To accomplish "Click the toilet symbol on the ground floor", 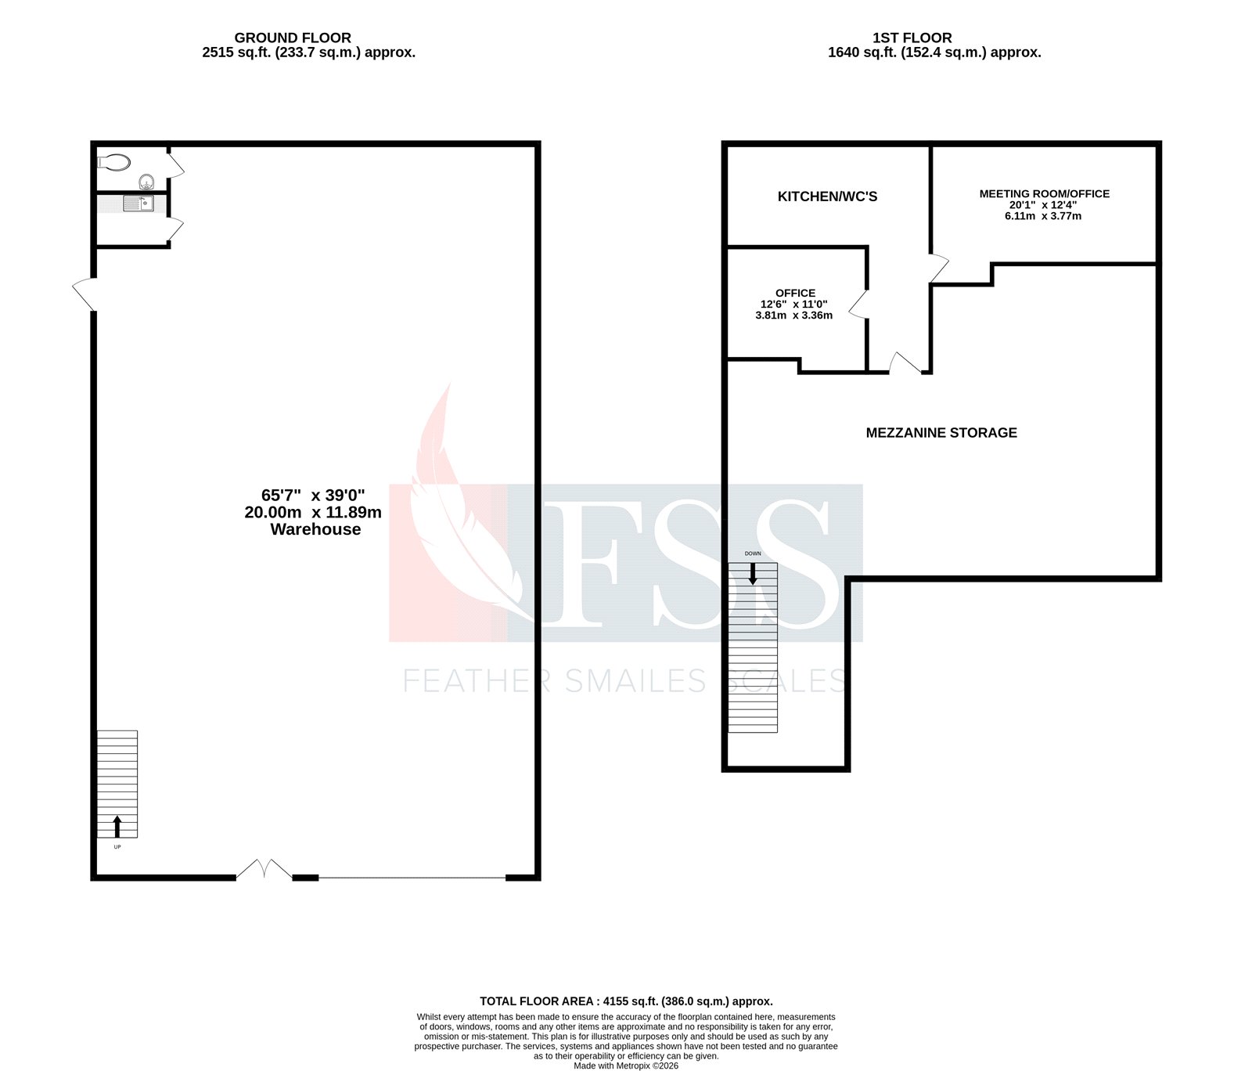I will [114, 162].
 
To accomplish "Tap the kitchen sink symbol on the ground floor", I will [138, 204].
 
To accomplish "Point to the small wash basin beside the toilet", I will [146, 182].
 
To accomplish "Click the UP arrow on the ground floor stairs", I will [117, 825].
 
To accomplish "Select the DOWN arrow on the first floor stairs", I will [753, 574].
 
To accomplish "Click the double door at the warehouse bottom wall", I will [264, 869].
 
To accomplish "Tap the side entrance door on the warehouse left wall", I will [84, 294].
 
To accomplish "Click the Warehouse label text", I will [315, 529].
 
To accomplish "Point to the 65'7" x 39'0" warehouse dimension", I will [313, 495].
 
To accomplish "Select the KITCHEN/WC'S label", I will [827, 197].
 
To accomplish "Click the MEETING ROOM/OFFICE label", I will [1044, 193].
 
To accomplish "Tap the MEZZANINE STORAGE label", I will [941, 433].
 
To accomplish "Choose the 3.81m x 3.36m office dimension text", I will [793, 316].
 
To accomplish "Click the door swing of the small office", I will [858, 305].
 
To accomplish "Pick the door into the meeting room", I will [939, 268].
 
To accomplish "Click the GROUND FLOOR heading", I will [293, 38].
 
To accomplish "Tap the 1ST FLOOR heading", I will [912, 38].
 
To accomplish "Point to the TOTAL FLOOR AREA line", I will [626, 1001].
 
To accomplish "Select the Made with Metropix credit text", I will [626, 1066].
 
